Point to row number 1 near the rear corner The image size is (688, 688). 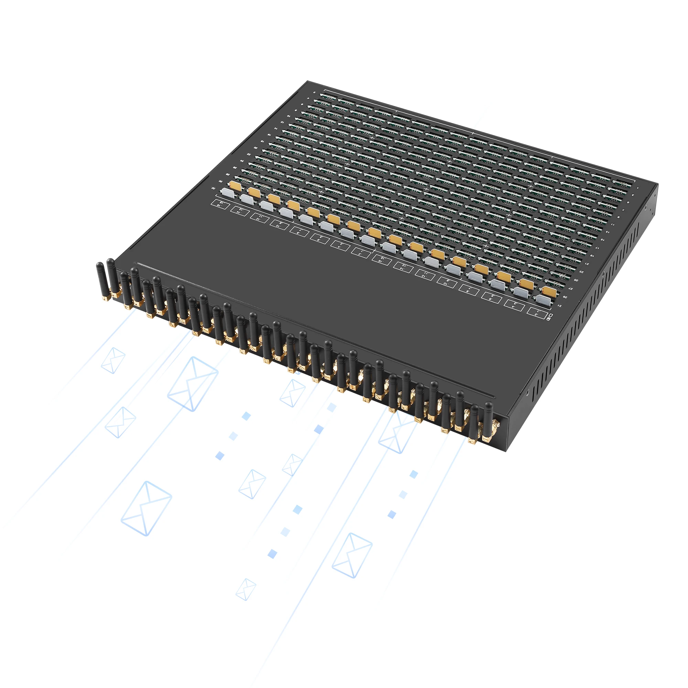click(638, 188)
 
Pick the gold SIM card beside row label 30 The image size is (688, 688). click(235, 185)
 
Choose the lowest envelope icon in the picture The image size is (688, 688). click(246, 589)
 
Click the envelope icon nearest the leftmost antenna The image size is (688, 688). click(113, 361)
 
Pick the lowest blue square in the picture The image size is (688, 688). click(272, 554)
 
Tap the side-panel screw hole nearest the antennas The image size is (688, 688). click(528, 393)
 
